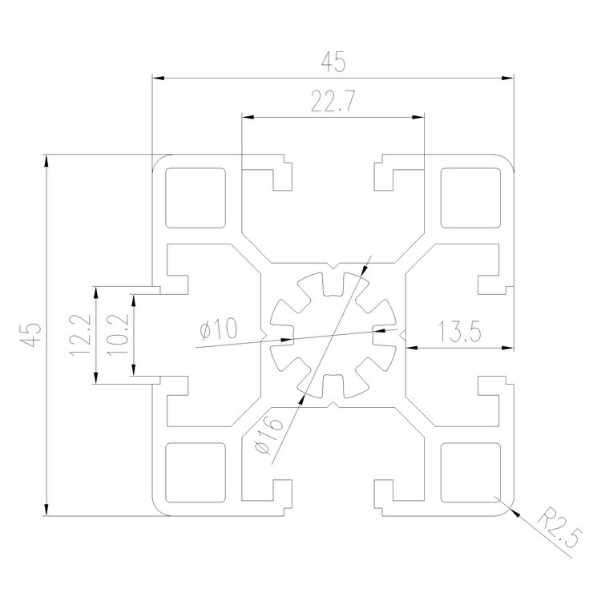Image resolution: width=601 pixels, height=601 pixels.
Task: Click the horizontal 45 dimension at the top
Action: click(333, 62)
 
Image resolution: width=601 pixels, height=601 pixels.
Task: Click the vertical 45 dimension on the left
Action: click(30, 334)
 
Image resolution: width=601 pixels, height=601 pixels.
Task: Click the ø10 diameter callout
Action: click(216, 329)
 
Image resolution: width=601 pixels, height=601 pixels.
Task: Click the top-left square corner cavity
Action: click(194, 196)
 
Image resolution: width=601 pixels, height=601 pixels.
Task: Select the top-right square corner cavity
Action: click(470, 196)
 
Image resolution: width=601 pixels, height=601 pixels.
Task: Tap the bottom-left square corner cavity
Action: click(194, 471)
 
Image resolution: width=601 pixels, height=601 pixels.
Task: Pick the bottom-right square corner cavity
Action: click(470, 471)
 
